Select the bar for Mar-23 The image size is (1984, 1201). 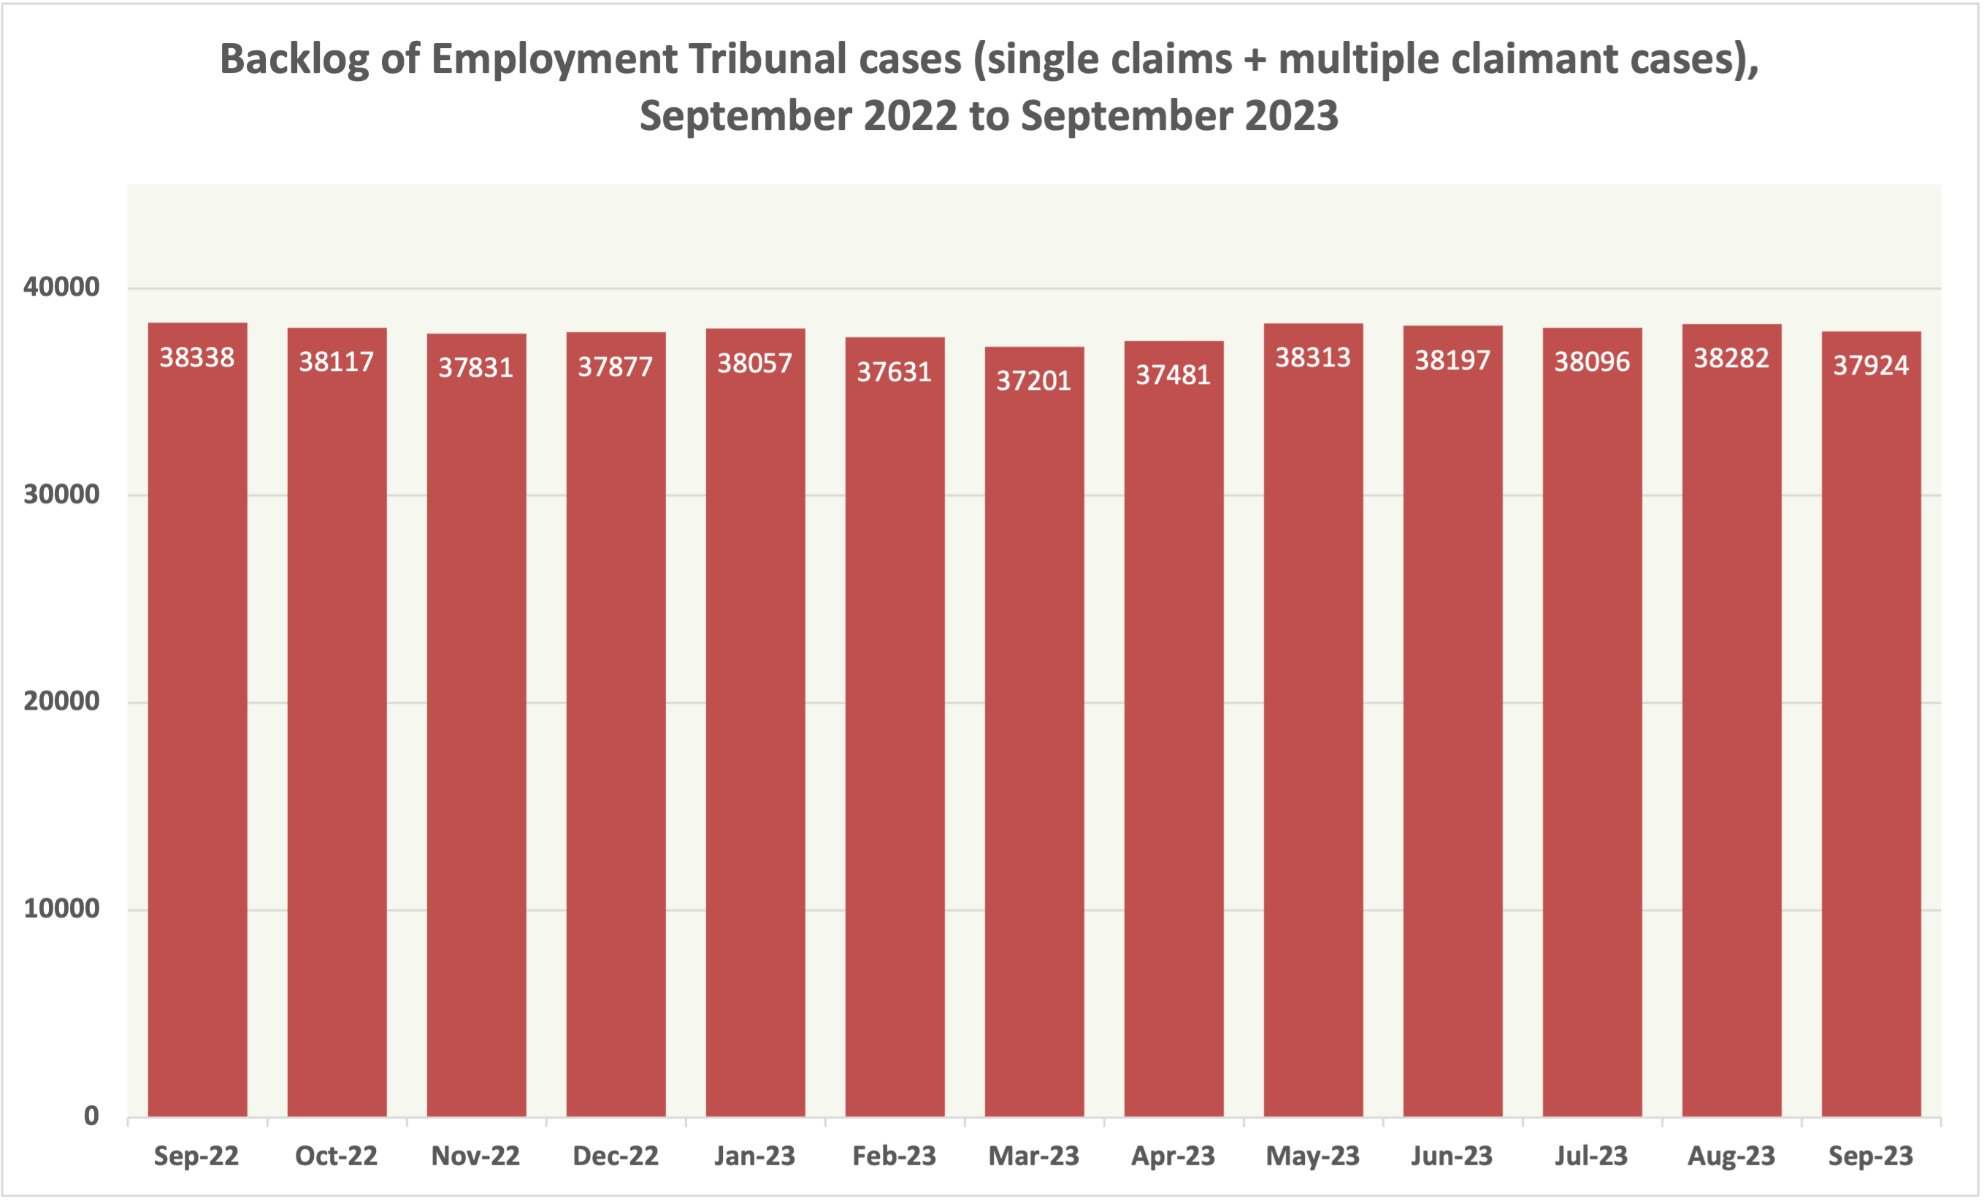click(1034, 732)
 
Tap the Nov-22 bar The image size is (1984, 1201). click(476, 724)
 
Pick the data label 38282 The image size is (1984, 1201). click(1731, 358)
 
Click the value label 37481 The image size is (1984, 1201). click(1173, 375)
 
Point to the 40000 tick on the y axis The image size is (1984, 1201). click(61, 288)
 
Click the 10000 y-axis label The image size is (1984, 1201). click(61, 909)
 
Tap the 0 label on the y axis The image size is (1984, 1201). click(91, 1116)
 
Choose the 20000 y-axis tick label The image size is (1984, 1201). click(61, 701)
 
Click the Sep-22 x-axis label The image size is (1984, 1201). click(196, 1156)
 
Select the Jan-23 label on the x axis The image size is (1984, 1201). click(754, 1156)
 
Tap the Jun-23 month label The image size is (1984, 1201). click(1452, 1156)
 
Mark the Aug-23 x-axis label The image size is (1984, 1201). click(1731, 1156)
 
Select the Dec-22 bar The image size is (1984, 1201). click(616, 724)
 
